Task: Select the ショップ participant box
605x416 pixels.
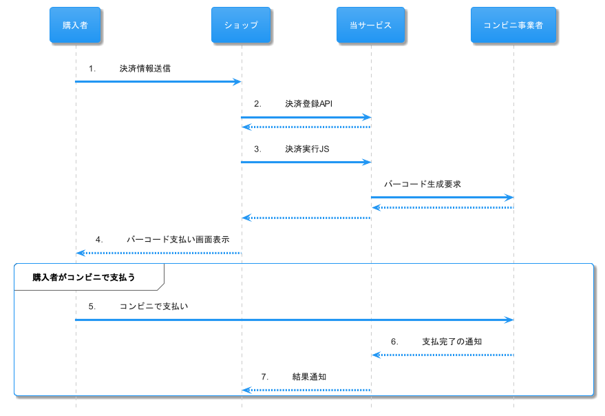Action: click(241, 25)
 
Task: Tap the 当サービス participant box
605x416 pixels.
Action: click(370, 25)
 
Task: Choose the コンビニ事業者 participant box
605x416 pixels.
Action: click(513, 25)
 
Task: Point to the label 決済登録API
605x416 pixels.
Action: click(309, 104)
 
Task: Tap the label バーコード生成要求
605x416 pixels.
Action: click(422, 185)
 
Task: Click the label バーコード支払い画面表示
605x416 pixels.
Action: click(178, 240)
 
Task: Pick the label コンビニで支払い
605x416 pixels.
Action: click(153, 306)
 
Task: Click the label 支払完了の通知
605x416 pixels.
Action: click(452, 342)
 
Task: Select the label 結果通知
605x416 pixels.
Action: click(309, 377)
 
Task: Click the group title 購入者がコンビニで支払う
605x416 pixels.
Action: click(84, 278)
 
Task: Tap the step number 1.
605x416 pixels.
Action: click(92, 68)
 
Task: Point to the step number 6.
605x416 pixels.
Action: click(394, 342)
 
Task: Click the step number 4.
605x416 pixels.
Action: click(99, 240)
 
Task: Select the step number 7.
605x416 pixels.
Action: click(265, 377)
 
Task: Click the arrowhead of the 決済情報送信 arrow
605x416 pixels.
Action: click(237, 82)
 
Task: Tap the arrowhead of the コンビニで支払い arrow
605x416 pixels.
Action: click(509, 320)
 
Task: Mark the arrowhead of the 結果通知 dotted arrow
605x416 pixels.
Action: click(246, 391)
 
